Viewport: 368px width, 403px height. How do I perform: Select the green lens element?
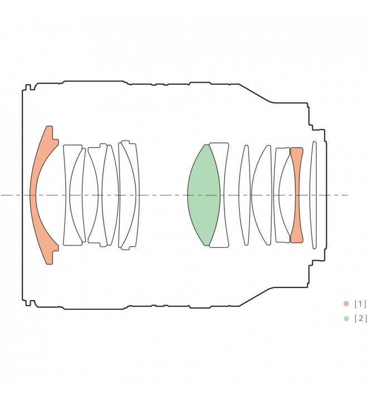(x=203, y=195)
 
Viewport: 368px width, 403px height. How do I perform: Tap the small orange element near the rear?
(x=297, y=195)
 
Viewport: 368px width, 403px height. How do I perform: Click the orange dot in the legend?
(x=346, y=304)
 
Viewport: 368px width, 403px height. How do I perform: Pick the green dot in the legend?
(x=346, y=319)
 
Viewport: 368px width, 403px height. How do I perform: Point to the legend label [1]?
(x=360, y=304)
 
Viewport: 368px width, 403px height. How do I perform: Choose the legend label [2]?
(x=360, y=319)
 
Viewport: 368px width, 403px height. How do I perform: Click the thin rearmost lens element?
(x=313, y=195)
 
